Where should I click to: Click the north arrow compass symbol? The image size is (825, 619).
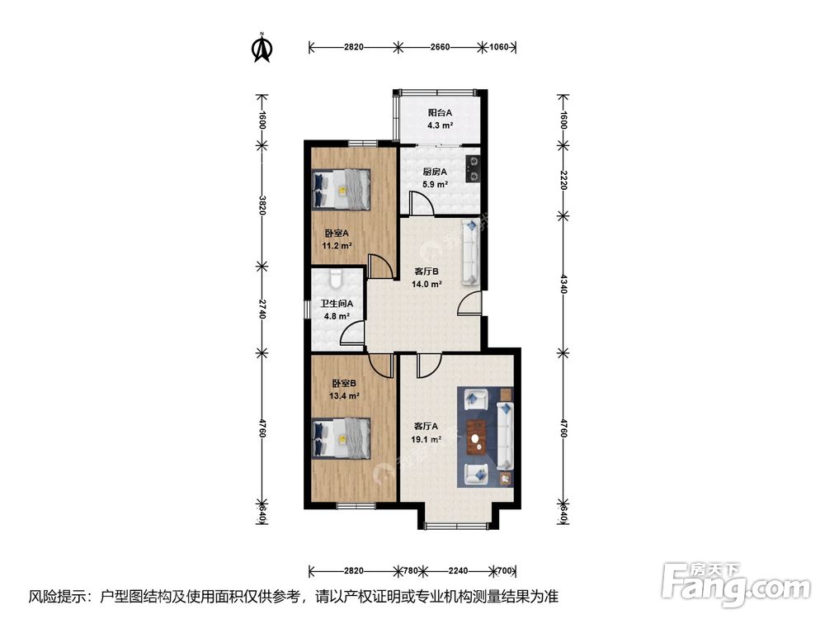(262, 48)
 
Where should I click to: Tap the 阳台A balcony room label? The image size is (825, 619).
(440, 112)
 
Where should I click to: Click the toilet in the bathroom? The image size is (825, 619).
(336, 279)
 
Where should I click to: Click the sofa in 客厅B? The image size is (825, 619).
(470, 253)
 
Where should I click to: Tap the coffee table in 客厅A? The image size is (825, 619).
(477, 437)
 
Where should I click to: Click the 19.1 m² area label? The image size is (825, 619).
(427, 439)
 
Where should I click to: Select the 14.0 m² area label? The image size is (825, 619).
(427, 284)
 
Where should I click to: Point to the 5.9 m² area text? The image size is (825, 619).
(435, 184)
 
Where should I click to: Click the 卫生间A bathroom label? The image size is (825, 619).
(337, 304)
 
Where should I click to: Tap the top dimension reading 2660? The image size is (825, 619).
(440, 47)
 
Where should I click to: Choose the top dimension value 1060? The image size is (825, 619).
(499, 47)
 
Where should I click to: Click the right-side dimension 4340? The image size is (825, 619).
(563, 284)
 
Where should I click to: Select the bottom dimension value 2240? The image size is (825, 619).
(458, 570)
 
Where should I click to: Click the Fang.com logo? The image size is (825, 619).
(736, 584)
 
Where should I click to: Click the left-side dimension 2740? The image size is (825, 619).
(262, 309)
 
